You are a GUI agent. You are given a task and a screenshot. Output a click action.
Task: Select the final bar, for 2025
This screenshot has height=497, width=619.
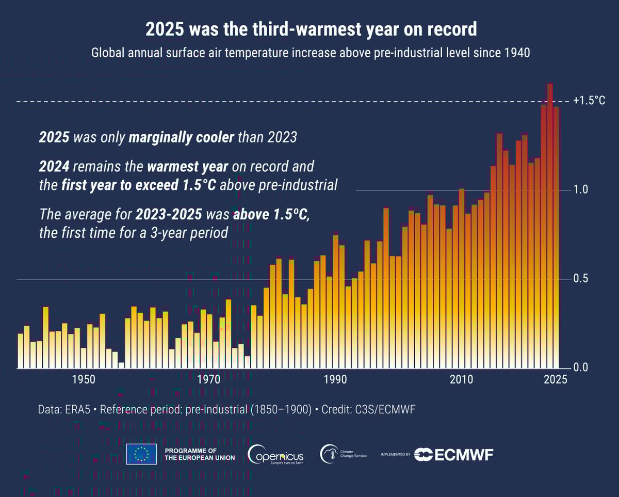pyautogui.click(x=556, y=237)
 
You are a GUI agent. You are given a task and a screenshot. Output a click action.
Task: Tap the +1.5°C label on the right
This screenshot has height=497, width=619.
pyautogui.click(x=589, y=101)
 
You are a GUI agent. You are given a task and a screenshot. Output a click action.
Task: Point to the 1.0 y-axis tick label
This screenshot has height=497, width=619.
pyautogui.click(x=581, y=190)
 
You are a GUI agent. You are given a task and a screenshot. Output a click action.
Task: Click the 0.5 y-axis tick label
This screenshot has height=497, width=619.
pyautogui.click(x=581, y=279)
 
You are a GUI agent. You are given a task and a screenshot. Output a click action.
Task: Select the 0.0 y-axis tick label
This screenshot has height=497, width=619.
pyautogui.click(x=581, y=368)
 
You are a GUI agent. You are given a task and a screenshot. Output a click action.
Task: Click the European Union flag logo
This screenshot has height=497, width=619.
pyautogui.click(x=141, y=454)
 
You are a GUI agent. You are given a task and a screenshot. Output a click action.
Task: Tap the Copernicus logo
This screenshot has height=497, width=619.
pyautogui.click(x=276, y=454)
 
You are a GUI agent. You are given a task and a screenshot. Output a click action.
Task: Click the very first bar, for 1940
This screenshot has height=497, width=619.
pyautogui.click(x=21, y=351)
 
